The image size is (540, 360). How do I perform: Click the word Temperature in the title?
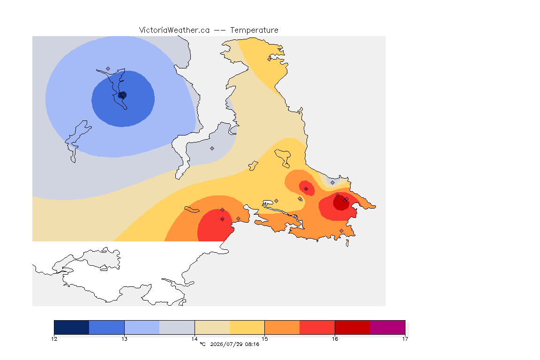254,30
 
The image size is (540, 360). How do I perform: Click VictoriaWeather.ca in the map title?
174,30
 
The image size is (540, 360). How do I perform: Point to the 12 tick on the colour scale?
54,339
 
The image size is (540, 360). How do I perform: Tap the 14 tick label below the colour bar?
195,339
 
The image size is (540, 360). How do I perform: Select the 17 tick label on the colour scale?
405,339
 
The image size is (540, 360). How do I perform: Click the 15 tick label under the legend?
264,339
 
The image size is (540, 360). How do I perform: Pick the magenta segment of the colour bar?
388,327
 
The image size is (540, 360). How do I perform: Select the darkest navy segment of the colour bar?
72,327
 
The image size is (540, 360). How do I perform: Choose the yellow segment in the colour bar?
247,327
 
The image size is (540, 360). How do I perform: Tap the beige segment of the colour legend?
212,327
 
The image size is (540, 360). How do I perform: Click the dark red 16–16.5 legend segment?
352,327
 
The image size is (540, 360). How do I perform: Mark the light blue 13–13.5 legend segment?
142,327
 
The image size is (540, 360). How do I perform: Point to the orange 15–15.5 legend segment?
282,327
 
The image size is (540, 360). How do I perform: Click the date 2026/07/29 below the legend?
226,344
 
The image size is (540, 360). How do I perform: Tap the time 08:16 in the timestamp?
252,344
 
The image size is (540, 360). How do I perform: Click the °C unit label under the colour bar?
202,344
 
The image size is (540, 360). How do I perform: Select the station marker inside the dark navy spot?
122,95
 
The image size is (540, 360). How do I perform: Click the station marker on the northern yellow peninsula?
270,59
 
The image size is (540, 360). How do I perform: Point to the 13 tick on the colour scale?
124,339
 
